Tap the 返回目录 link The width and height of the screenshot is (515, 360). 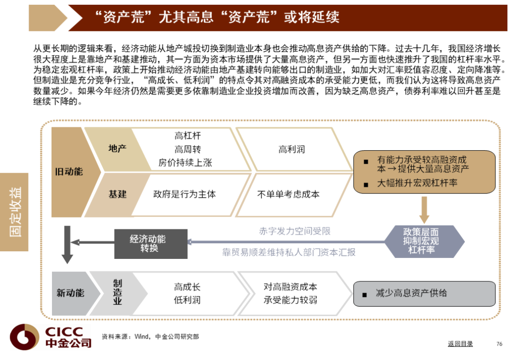coord(460,344)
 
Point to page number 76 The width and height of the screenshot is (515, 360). coord(499,344)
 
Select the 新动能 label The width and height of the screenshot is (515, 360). coord(70,293)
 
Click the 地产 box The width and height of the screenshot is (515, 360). coord(117,149)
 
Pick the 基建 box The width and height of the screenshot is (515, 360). coord(117,194)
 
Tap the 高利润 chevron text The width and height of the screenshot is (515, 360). coord(291,149)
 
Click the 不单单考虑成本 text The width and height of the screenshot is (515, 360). coord(288,194)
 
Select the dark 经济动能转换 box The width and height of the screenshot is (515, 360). coord(151,243)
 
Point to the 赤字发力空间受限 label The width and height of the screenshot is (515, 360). coord(295,231)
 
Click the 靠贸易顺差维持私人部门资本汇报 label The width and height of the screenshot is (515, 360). coord(288,252)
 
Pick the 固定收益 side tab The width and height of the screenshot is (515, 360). coord(15,212)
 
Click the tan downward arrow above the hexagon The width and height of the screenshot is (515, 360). coord(424,208)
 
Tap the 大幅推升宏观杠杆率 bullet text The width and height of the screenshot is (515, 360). coord(417,183)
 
